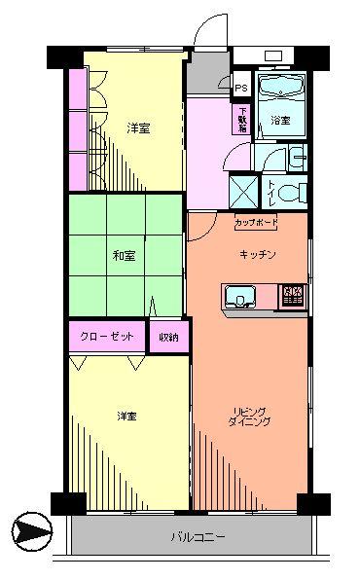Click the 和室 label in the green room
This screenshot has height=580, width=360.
coord(123,257)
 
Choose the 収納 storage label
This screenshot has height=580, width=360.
coord(168,337)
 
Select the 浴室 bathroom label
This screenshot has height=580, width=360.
coord(281,121)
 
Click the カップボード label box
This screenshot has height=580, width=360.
coord(256,223)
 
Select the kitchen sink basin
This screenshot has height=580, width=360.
coord(239,295)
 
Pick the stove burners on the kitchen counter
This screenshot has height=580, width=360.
coord(292,295)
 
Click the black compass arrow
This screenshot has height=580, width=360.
coord(29,532)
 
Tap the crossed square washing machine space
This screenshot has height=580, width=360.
coord(242,188)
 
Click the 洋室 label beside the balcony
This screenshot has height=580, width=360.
coord(126,417)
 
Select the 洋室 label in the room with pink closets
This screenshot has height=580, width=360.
coord(138,127)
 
